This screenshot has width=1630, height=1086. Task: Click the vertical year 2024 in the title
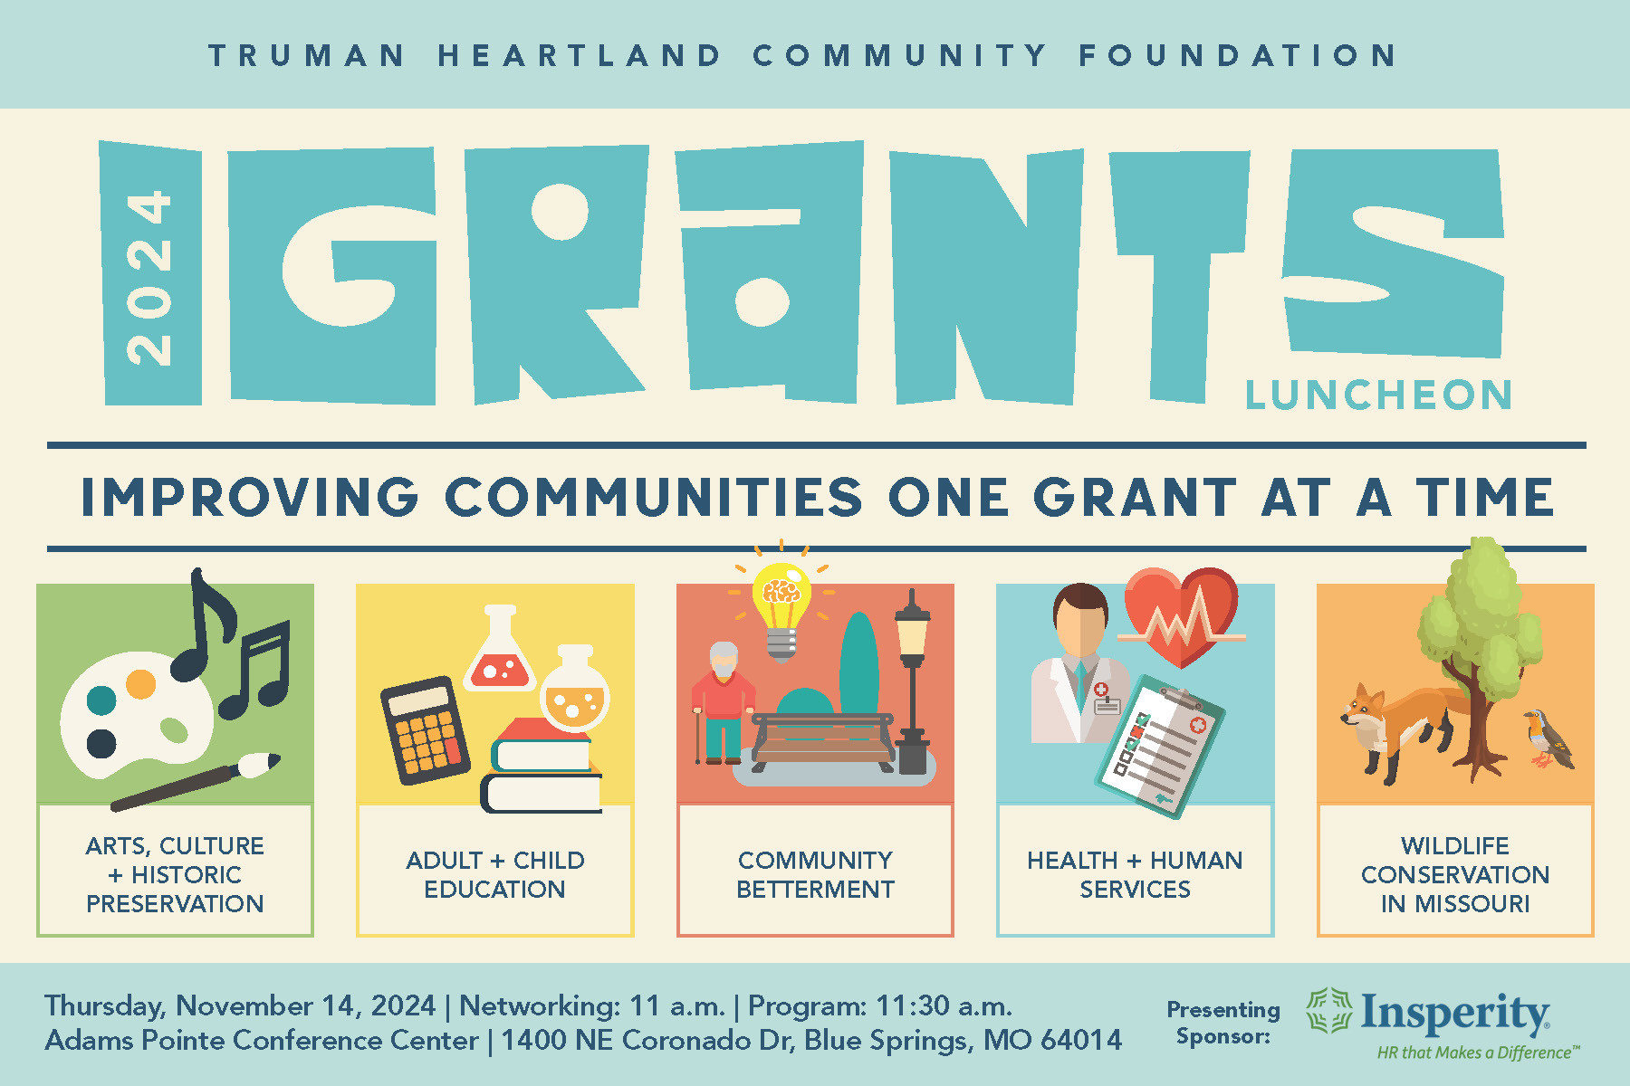point(149,278)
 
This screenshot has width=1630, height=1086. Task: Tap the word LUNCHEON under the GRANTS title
point(1378,395)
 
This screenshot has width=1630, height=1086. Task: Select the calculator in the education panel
point(425,729)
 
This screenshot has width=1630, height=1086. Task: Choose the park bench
point(823,740)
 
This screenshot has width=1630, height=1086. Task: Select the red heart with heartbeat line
point(1182,615)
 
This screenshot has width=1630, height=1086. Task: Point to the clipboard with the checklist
point(1159,745)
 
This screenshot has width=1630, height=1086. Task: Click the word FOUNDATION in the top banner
point(1238,55)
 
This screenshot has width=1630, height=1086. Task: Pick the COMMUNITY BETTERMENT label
point(815,874)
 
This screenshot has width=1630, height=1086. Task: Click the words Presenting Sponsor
point(1223,1023)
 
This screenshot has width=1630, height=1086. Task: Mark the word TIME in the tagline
point(1486,497)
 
